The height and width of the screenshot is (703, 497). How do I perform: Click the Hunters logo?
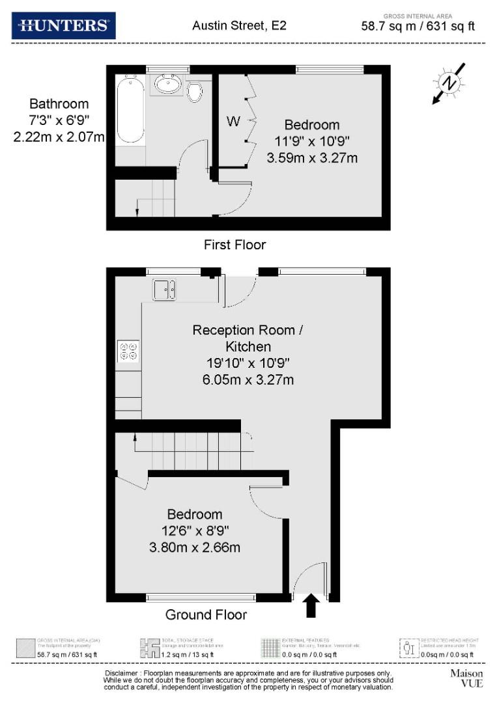coord(64,25)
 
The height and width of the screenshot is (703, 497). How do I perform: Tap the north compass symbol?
coord(449,83)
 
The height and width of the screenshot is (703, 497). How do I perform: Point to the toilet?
coord(194,92)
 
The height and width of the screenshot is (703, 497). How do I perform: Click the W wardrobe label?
coord(233,121)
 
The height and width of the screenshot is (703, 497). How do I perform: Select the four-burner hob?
coord(128,351)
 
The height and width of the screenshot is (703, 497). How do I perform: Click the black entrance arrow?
coord(311,605)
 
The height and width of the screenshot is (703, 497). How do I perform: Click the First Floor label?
coord(235,245)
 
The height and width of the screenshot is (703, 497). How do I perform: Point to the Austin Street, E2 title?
coord(239,26)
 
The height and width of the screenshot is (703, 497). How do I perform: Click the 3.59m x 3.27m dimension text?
coord(312,158)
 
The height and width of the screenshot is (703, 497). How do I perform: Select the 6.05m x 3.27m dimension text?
coord(248,379)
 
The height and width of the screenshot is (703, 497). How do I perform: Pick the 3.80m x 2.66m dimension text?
coord(194,547)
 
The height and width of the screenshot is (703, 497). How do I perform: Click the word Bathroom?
coord(59,103)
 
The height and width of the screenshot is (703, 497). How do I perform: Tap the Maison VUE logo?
coord(466,678)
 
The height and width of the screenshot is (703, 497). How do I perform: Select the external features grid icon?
coord(269,648)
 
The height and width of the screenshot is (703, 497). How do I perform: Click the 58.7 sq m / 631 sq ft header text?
coord(418,27)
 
